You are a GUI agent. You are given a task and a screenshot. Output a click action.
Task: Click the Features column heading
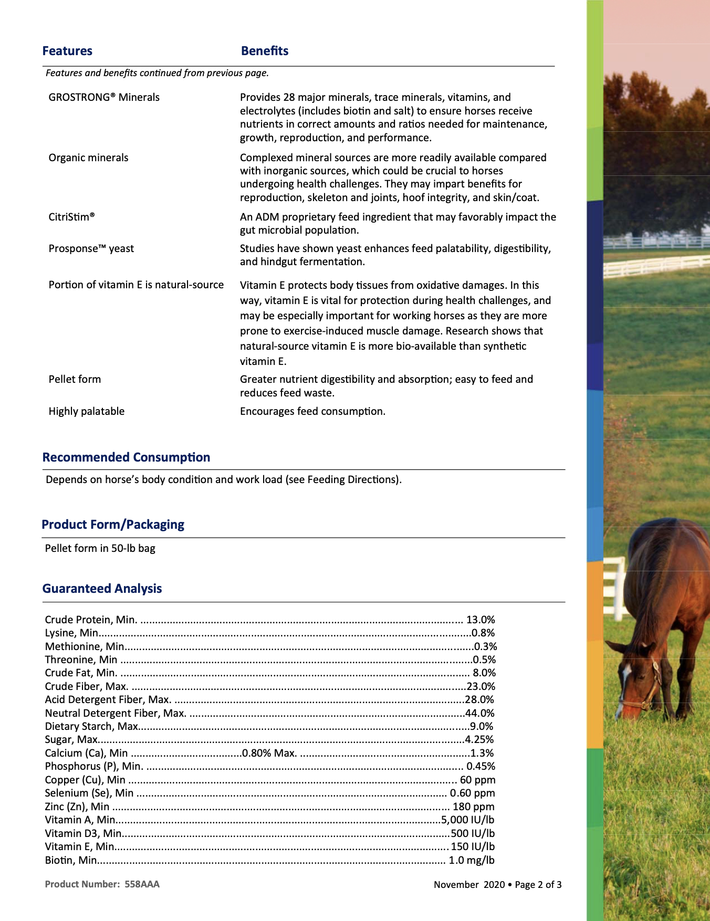(x=67, y=51)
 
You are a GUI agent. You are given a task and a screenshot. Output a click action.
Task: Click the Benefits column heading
(x=265, y=51)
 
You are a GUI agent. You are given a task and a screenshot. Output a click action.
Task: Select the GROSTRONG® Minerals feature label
(x=104, y=97)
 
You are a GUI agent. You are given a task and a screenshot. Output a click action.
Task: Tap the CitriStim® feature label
(x=71, y=217)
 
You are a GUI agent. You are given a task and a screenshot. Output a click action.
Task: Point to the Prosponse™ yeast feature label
(x=91, y=248)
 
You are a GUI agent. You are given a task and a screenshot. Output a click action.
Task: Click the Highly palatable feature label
(x=87, y=411)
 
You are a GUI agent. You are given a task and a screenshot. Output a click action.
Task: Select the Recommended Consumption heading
(x=126, y=457)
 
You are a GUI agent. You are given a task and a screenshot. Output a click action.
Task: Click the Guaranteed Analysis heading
(x=102, y=589)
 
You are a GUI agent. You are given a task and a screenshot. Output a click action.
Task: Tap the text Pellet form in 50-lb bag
(x=100, y=548)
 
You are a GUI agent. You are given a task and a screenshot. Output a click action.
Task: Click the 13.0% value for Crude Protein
(x=481, y=620)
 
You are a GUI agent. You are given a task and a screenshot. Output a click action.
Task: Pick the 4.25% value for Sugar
(x=479, y=739)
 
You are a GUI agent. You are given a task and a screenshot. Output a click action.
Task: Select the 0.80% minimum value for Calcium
(x=256, y=753)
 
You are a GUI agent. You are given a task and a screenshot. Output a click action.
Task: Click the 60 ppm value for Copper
(x=477, y=780)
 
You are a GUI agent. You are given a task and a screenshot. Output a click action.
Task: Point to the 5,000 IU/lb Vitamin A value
(x=468, y=820)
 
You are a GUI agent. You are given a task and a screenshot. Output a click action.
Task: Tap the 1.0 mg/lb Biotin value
(x=471, y=860)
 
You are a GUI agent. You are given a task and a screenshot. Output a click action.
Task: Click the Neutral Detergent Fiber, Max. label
(x=116, y=713)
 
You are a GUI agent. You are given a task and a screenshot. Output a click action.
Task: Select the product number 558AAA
(x=142, y=884)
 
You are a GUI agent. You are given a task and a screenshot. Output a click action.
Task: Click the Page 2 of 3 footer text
(x=538, y=885)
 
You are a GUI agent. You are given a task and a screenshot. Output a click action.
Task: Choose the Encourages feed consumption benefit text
(x=312, y=411)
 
